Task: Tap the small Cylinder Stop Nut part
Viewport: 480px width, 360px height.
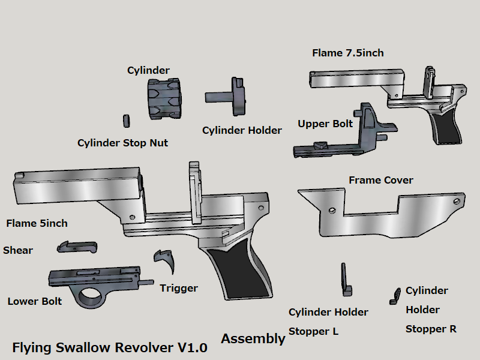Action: tap(127, 120)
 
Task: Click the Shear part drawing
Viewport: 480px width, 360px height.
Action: tap(78, 246)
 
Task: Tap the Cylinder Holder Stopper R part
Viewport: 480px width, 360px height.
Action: tap(395, 295)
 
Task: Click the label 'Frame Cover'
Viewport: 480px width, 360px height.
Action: tap(380, 180)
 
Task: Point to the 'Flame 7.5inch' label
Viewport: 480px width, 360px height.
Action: tap(348, 53)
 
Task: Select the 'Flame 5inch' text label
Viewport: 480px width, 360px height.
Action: tap(37, 223)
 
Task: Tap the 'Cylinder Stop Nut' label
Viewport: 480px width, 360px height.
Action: tap(122, 143)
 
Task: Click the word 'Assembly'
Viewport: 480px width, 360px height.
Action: tap(253, 338)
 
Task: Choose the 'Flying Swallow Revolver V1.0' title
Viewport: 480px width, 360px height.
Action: tap(110, 347)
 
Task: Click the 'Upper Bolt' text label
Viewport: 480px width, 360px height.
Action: tap(325, 124)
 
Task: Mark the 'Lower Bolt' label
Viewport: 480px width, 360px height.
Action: tap(35, 301)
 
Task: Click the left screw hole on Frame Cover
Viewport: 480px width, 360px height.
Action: tap(332, 209)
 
